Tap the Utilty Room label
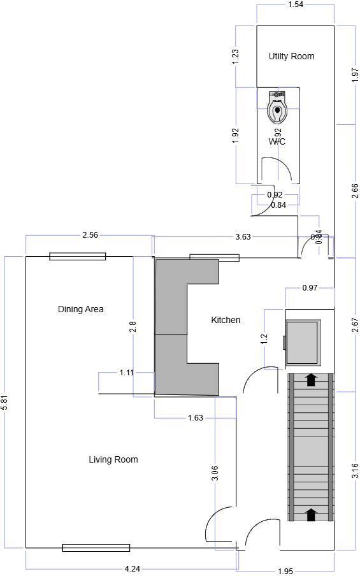[291, 56]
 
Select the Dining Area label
[80, 309]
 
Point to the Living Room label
[113, 459]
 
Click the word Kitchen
[226, 319]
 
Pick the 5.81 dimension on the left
[5, 402]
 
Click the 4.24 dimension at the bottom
[132, 568]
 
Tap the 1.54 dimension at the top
[295, 5]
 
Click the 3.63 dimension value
[243, 236]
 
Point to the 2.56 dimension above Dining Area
[90, 235]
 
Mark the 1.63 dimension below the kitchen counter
[195, 418]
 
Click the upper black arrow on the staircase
[311, 380]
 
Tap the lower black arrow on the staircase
[311, 514]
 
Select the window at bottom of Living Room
[96, 547]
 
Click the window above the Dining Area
[78, 256]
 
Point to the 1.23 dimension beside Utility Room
[236, 56]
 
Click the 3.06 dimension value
[215, 472]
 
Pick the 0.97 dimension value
[309, 288]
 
